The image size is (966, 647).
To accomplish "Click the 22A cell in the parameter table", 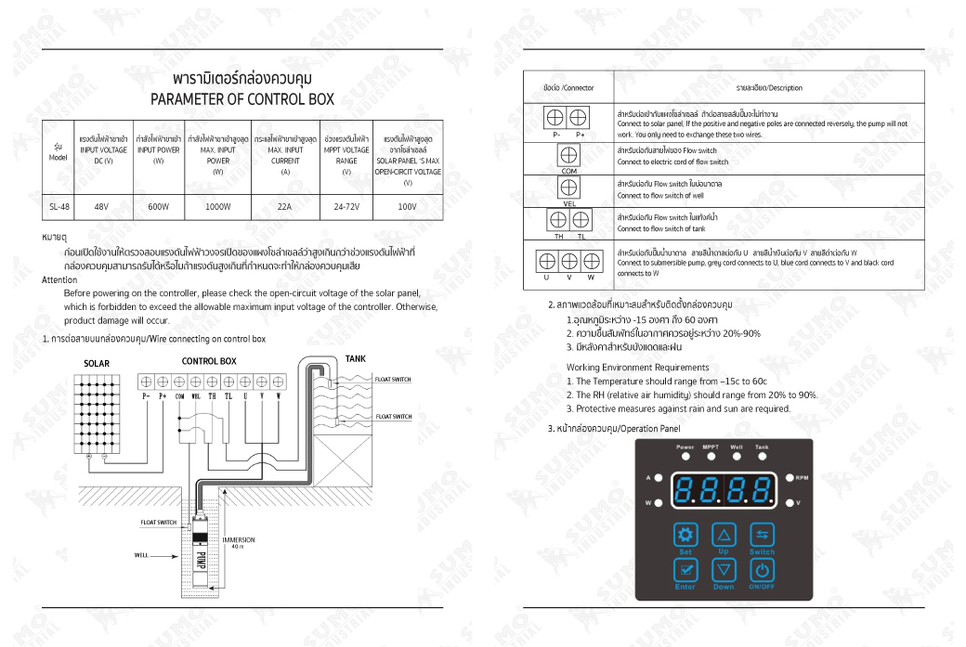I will coord(284,207).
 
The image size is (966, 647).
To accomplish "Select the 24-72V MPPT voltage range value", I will coord(346,207).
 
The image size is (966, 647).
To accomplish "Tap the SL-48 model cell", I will coord(59,207).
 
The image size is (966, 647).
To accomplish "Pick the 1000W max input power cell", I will coord(217,207).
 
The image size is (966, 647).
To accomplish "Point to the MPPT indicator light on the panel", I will coord(711,457).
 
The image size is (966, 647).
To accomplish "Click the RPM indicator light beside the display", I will coord(789,478).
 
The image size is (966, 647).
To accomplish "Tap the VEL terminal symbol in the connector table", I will coord(569,188).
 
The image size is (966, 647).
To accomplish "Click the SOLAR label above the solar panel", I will coord(97,363).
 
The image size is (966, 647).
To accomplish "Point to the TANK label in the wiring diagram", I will coord(355,358).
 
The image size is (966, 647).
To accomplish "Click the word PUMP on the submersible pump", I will coord(202,560).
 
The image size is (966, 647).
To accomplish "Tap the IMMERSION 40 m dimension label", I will coord(239,542).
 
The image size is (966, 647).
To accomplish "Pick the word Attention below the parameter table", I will coord(59,279).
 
